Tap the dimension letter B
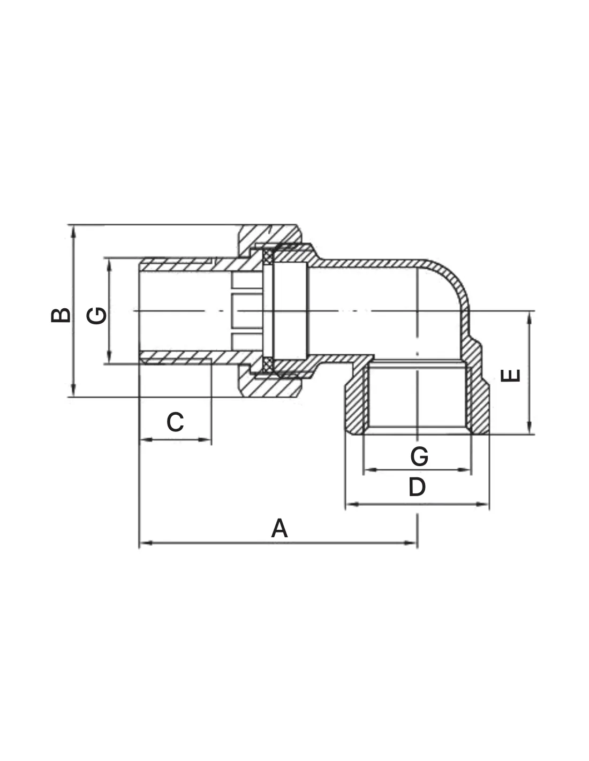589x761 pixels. tap(61, 315)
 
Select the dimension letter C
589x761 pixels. tap(175, 422)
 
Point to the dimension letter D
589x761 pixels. tap(417, 487)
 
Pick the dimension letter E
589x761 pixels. tap(510, 376)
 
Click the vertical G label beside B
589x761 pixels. tap(96, 316)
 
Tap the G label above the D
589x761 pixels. tap(419, 456)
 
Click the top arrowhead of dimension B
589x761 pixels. tap(73, 232)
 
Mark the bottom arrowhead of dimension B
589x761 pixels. tap(73, 390)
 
